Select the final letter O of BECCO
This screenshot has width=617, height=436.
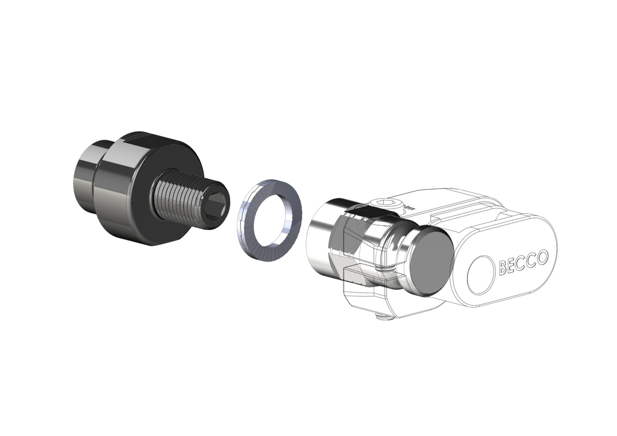(542, 258)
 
